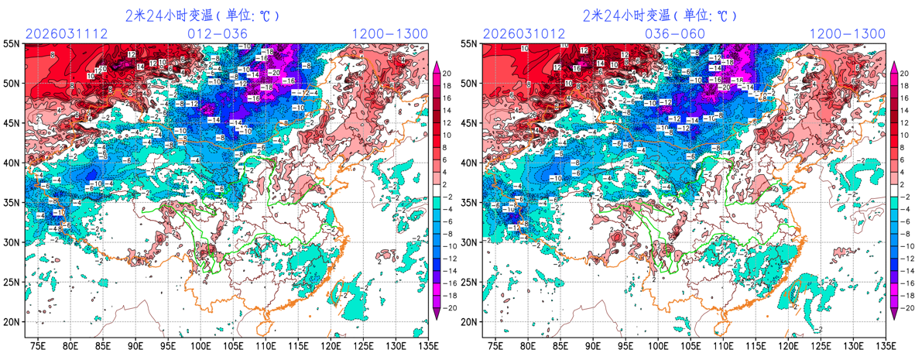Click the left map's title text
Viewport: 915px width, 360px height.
click(x=202, y=15)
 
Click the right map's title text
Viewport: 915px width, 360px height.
click(x=660, y=15)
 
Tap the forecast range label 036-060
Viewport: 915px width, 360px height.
click(x=675, y=34)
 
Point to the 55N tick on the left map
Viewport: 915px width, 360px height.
click(x=11, y=44)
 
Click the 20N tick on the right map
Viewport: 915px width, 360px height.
click(x=468, y=321)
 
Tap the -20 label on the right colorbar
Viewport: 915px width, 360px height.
click(x=904, y=307)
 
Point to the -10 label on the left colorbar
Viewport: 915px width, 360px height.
click(x=448, y=247)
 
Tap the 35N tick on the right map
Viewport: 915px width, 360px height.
click(x=468, y=202)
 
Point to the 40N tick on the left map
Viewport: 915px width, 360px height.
click(x=11, y=163)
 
